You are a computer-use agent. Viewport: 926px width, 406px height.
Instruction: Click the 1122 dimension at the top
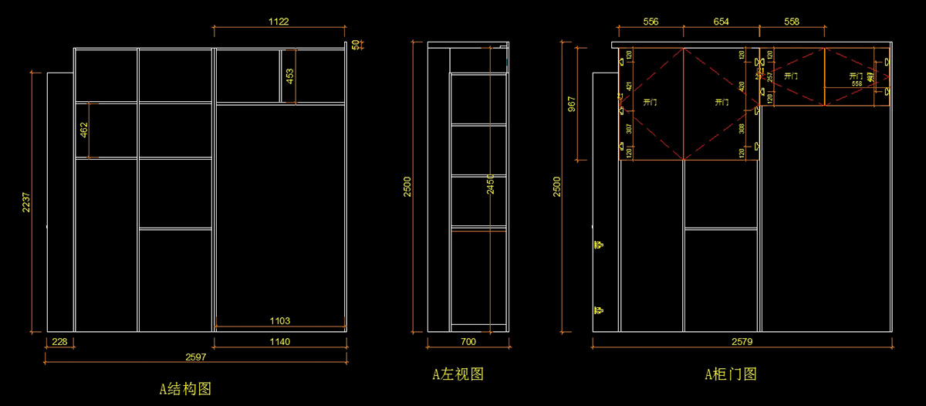tap(279, 22)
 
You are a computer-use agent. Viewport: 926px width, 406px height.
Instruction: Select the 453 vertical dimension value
tap(290, 76)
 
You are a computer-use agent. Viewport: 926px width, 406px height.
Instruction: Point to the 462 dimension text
tap(83, 130)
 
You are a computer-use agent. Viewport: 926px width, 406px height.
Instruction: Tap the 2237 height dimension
tap(26, 202)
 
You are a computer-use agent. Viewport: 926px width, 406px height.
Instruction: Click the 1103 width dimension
tap(279, 320)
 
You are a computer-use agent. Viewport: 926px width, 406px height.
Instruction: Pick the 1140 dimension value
tap(279, 341)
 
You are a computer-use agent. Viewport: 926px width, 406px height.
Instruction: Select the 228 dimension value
tap(59, 341)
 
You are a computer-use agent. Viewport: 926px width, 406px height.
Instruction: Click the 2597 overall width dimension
tap(195, 357)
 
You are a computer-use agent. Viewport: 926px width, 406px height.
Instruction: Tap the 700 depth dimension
tap(468, 341)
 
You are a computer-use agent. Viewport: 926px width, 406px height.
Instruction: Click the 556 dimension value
tap(651, 22)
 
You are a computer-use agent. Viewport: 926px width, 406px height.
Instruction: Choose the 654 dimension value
tap(721, 22)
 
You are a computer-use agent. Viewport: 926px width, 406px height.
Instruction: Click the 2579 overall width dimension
tap(742, 341)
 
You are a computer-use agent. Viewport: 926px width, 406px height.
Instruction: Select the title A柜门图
tap(731, 375)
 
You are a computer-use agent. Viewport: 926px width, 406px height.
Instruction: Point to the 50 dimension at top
tap(355, 45)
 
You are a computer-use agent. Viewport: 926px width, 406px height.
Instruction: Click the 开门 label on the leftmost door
tap(650, 102)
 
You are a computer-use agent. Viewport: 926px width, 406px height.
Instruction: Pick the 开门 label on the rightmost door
tap(856, 76)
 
